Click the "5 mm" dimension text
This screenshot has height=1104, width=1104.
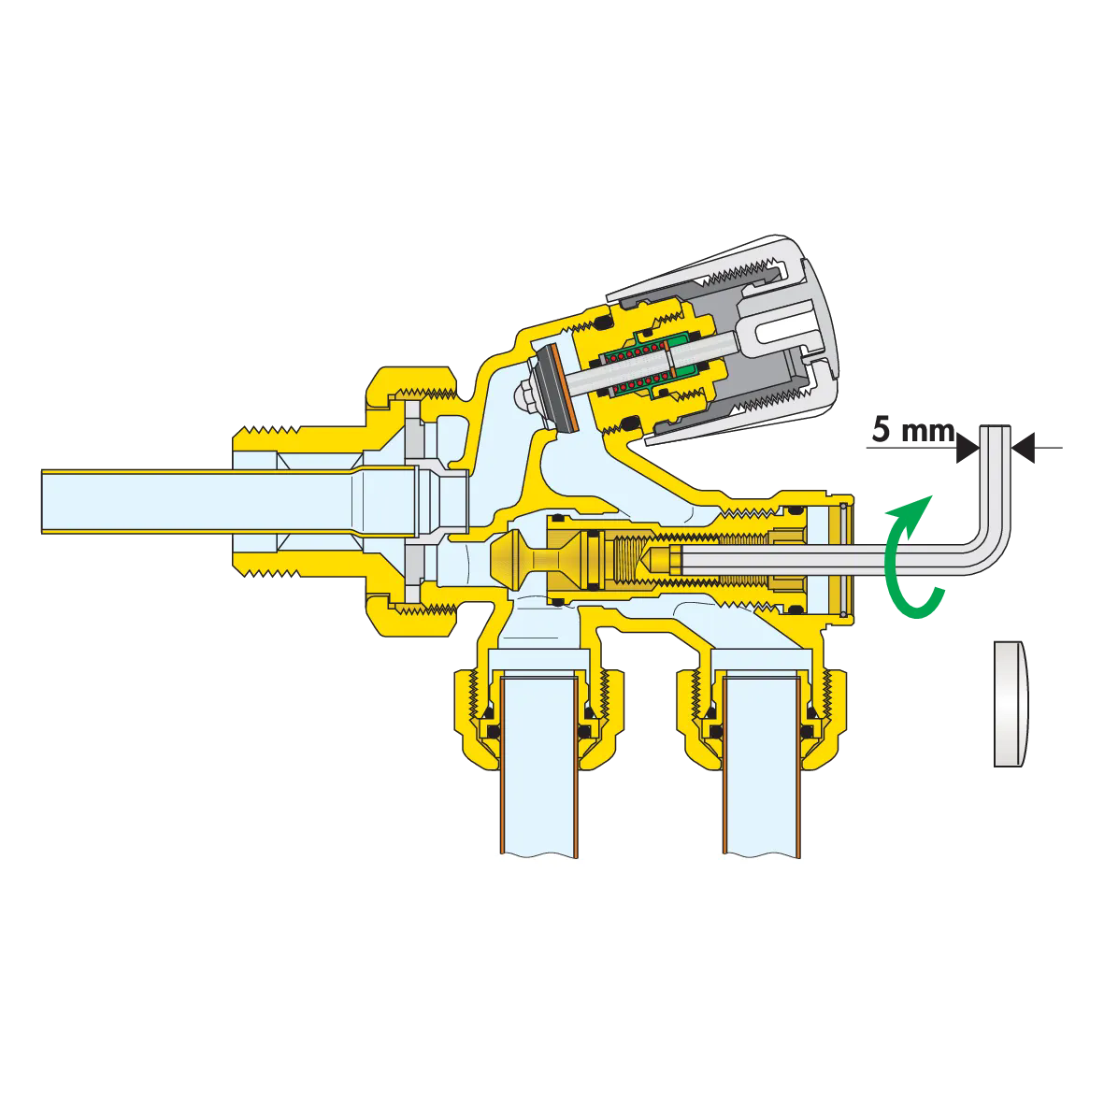tap(913, 429)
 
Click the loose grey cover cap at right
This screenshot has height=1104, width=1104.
tap(1011, 703)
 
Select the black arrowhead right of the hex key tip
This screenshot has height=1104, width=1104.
tap(1023, 448)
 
